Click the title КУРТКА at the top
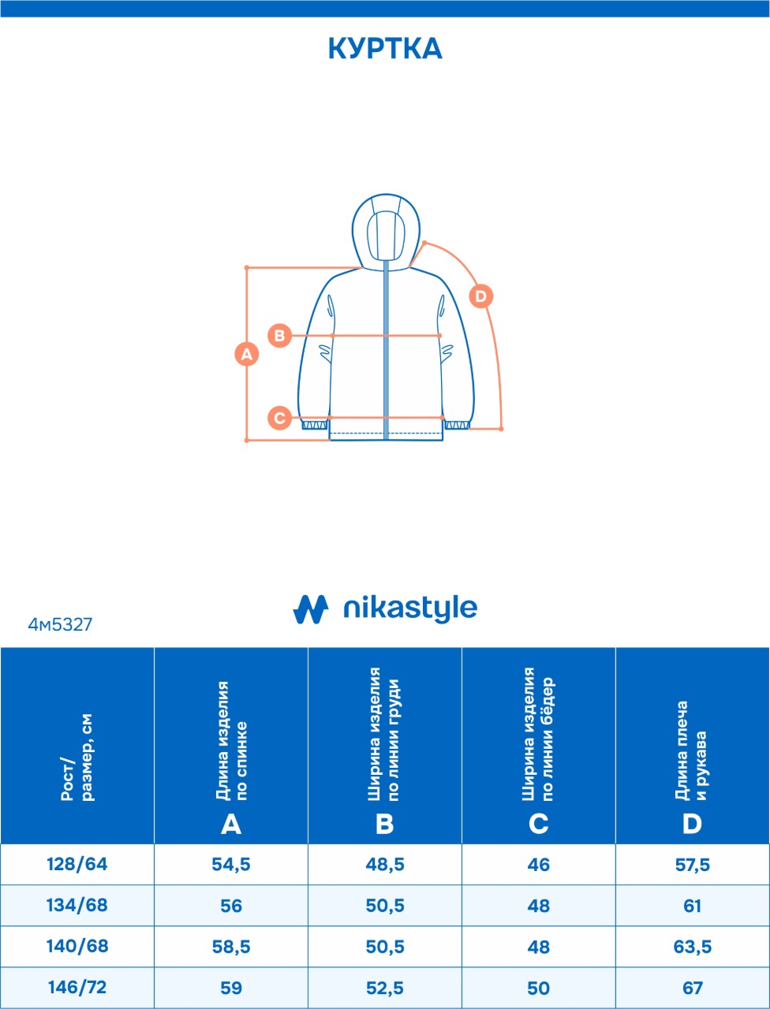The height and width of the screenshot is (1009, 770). pyautogui.click(x=385, y=49)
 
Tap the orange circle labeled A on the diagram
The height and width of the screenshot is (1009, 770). pyautogui.click(x=247, y=354)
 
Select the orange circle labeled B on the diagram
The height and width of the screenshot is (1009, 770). pyautogui.click(x=279, y=335)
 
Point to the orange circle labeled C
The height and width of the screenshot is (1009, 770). pyautogui.click(x=279, y=418)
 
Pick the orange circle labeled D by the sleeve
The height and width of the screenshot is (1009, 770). pyautogui.click(x=481, y=296)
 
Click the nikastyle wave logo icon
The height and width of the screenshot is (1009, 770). pyautogui.click(x=311, y=609)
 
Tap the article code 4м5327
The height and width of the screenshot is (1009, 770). pyautogui.click(x=60, y=624)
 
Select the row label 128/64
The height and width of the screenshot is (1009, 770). pyautogui.click(x=77, y=864)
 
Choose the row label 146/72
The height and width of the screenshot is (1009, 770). pyautogui.click(x=77, y=987)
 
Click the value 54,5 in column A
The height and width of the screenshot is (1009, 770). pyautogui.click(x=231, y=864)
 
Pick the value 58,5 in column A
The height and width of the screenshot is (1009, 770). pyautogui.click(x=231, y=947)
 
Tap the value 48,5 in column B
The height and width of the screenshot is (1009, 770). pyautogui.click(x=385, y=864)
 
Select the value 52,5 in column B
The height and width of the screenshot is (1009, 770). pyautogui.click(x=385, y=988)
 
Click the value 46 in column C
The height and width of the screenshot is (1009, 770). pyautogui.click(x=539, y=865)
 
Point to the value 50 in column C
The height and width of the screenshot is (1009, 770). pyautogui.click(x=539, y=988)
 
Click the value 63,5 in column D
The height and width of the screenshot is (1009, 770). pyautogui.click(x=692, y=947)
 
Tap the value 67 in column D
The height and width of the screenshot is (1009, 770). pyautogui.click(x=692, y=988)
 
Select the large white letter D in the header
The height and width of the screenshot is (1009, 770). pyautogui.click(x=692, y=825)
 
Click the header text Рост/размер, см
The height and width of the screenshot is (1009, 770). pyautogui.click(x=77, y=758)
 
